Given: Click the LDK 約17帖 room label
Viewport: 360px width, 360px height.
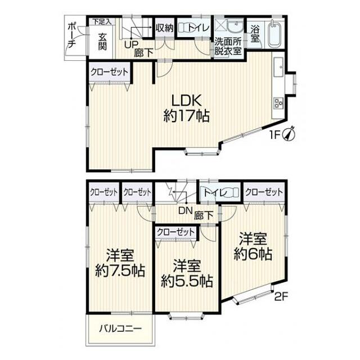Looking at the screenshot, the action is (186, 108).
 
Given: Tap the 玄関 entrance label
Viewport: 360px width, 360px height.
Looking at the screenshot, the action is (102, 42).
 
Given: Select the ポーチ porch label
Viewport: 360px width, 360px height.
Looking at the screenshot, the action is (72, 35).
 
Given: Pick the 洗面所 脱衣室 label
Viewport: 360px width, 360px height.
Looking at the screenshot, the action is (228, 47).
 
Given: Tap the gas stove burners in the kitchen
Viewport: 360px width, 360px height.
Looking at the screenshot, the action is (278, 103).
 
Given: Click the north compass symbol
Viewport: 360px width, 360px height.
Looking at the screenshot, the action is (290, 134).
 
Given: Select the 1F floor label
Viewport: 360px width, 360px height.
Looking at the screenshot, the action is (274, 135).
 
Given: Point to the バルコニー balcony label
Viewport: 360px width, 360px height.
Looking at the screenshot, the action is (120, 328).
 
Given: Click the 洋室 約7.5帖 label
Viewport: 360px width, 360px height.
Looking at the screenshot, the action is (120, 264).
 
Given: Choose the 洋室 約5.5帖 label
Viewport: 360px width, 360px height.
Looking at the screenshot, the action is (187, 274).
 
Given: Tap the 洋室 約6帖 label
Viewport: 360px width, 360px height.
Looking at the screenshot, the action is (253, 247).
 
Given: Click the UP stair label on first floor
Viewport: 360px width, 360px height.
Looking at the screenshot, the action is (131, 44).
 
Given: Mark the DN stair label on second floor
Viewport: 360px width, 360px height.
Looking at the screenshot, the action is (185, 210).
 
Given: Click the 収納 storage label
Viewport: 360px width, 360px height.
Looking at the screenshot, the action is (165, 28).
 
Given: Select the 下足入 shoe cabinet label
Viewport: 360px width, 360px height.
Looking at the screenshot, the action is (102, 22).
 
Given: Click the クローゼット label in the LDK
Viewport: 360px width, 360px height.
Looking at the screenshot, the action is (109, 72).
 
